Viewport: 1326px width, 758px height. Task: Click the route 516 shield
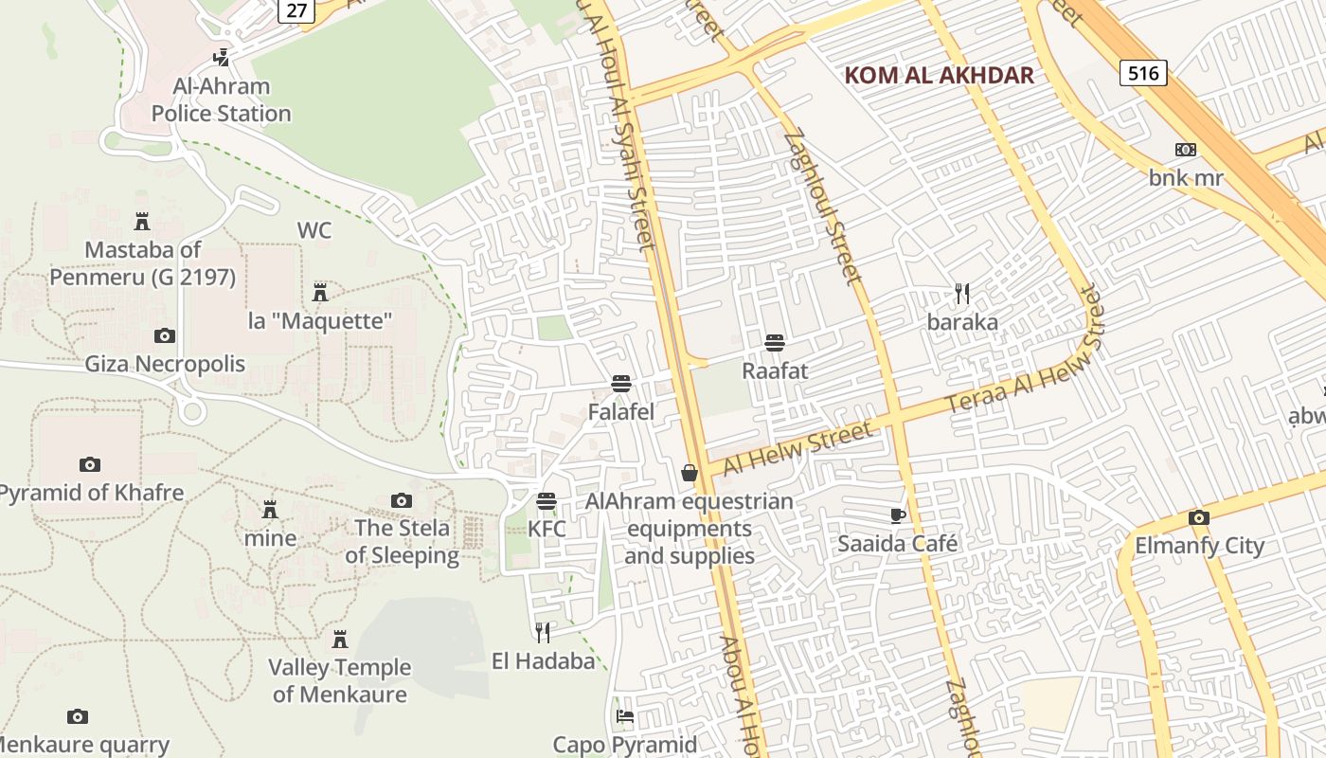(1143, 73)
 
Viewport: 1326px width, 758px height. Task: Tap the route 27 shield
(296, 10)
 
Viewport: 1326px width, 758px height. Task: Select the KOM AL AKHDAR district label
(939, 76)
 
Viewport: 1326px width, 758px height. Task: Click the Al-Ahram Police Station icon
(221, 58)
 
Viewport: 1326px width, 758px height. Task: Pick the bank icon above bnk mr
(1185, 150)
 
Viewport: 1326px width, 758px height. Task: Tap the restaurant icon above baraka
(962, 294)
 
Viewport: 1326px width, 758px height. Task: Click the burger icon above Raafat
(775, 342)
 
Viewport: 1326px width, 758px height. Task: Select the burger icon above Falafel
(621, 384)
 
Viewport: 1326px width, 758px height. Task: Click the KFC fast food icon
(547, 500)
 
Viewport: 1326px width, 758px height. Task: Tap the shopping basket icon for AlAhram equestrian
(690, 472)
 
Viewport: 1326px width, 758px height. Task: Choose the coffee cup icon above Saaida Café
(897, 515)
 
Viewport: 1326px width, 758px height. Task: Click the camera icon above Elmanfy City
(1199, 517)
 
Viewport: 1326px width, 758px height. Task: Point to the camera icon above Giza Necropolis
(165, 335)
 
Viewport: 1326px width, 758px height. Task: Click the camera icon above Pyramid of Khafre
(90, 464)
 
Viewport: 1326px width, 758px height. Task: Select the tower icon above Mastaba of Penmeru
(142, 222)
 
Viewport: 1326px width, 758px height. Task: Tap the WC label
(314, 230)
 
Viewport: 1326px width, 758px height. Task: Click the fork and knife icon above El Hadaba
(543, 632)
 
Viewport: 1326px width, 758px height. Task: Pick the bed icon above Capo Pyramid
(624, 716)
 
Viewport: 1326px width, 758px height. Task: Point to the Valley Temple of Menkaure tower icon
(339, 640)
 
